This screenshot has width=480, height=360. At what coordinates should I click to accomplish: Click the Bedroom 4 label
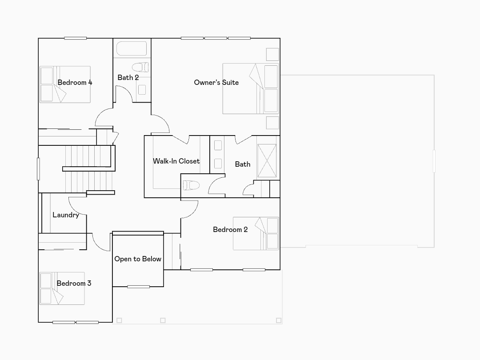[75, 83]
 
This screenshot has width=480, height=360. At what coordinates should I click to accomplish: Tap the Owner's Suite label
[216, 83]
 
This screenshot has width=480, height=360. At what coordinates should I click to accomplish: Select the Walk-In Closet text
[176, 161]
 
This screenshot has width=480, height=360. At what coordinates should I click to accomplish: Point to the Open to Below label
[138, 259]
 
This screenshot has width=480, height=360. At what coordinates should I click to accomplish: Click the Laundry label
[66, 215]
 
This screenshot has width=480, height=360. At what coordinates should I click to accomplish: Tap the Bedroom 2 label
[230, 230]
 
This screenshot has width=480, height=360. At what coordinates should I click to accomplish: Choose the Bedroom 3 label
[74, 284]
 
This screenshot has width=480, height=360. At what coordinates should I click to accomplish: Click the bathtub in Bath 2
[132, 48]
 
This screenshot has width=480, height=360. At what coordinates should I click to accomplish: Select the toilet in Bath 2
[141, 68]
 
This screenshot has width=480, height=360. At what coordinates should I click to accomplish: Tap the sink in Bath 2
[142, 90]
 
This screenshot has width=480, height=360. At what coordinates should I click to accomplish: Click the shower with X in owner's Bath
[267, 161]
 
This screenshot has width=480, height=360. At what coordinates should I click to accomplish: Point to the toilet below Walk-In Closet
[191, 185]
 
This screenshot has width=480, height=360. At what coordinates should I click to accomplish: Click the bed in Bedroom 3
[62, 288]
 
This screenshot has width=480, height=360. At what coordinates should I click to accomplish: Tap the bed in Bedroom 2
[256, 234]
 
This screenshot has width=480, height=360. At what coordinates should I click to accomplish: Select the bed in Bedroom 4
[65, 85]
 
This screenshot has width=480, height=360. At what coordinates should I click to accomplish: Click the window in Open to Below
[138, 287]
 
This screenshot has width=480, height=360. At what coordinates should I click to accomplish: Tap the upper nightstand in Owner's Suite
[272, 54]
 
